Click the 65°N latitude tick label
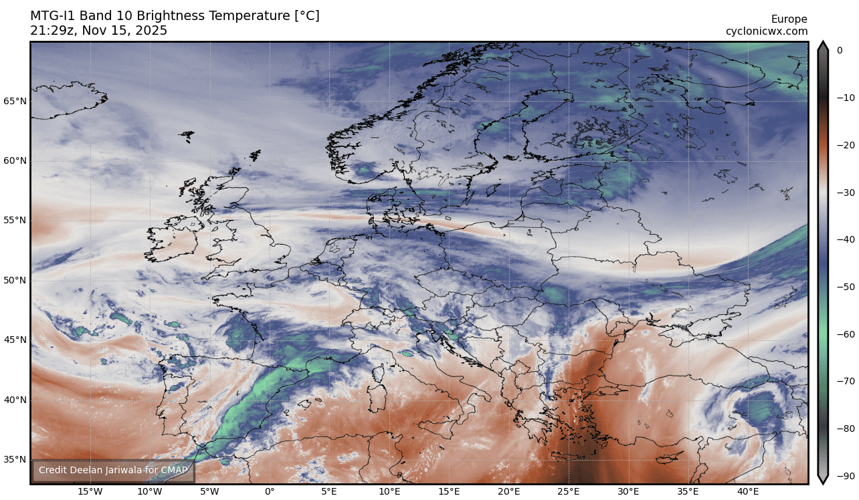15,102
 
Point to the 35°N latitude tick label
15,460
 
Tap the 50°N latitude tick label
15,280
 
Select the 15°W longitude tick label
90,492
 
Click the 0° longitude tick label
270,492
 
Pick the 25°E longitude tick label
569,492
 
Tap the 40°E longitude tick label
748,492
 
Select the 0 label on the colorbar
840,50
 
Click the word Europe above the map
789,19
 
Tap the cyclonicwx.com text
767,31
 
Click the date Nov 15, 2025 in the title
125,31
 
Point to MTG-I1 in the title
53,16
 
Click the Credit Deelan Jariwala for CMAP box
113,471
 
